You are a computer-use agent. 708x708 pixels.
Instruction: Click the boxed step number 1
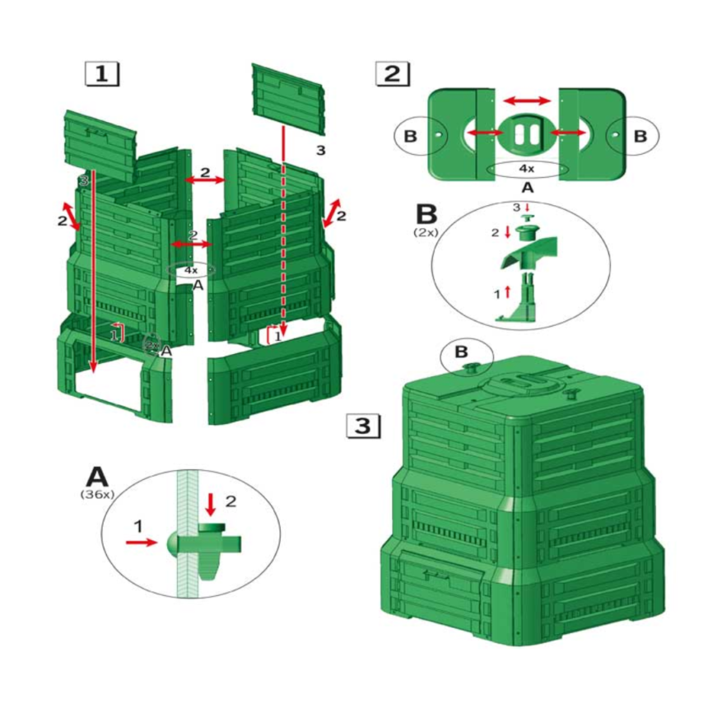pos(102,73)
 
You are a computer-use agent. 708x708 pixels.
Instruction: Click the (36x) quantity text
pos(97,494)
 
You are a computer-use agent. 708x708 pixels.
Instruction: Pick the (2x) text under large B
pos(425,232)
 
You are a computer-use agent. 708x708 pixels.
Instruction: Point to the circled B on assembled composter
pos(465,355)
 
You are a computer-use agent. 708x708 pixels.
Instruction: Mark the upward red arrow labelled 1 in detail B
pos(507,291)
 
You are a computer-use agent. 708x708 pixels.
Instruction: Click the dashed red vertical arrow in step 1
pos(282,231)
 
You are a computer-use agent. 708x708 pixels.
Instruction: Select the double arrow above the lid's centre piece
pos(526,100)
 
